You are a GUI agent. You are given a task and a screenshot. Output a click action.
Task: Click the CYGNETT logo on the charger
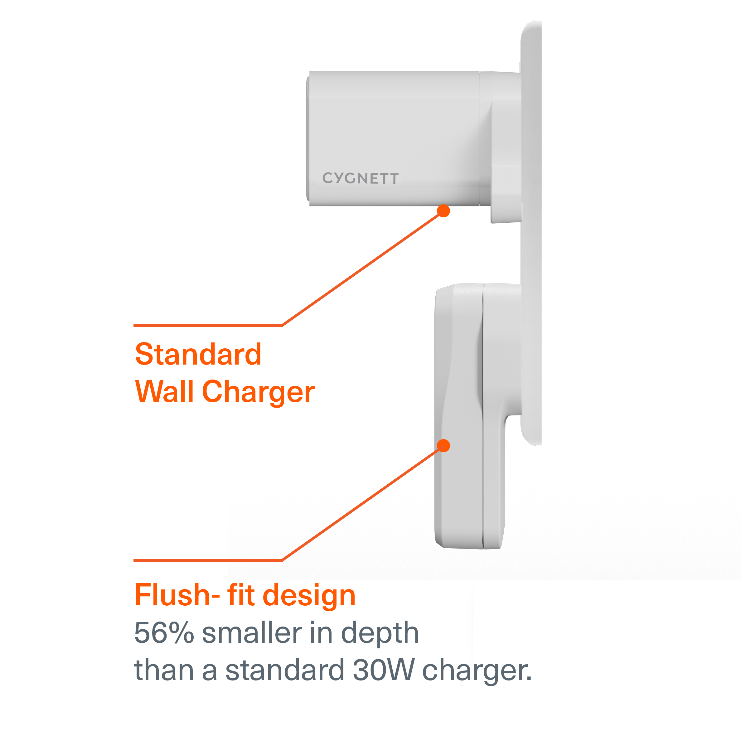(360, 178)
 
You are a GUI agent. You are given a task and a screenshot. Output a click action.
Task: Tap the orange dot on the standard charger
(443, 211)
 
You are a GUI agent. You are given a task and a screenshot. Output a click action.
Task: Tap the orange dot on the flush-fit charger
(443, 446)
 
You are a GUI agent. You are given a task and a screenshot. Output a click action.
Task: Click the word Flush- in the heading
(177, 595)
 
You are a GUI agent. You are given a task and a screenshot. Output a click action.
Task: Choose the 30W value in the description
(384, 670)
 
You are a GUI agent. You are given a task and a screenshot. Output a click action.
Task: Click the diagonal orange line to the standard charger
(362, 269)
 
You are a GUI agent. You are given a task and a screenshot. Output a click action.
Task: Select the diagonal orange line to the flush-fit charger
(362, 503)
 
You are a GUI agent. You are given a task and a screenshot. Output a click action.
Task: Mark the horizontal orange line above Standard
(207, 326)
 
